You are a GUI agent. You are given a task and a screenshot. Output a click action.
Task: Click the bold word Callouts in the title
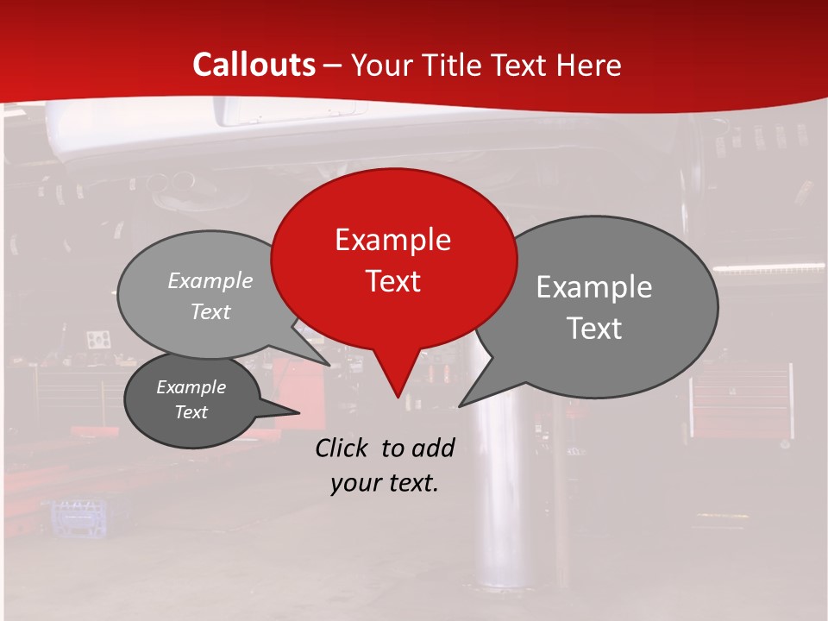click(x=254, y=65)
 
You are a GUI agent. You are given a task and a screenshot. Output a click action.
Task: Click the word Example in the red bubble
click(x=392, y=240)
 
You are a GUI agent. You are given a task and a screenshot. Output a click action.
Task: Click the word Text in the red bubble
click(x=392, y=281)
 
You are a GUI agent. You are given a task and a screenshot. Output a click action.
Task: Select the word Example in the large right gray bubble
click(x=593, y=287)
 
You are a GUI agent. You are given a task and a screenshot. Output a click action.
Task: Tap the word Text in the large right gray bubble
click(x=593, y=329)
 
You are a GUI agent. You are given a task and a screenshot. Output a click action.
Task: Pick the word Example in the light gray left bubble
click(x=210, y=281)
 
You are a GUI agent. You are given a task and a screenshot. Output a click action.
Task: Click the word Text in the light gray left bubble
click(x=210, y=312)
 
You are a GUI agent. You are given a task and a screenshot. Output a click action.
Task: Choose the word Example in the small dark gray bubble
click(x=191, y=387)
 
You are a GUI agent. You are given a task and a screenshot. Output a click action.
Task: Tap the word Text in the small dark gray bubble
click(x=191, y=412)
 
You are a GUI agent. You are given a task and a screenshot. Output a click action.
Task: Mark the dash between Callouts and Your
click(x=333, y=66)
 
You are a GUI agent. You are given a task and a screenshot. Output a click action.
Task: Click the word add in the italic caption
click(x=432, y=448)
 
